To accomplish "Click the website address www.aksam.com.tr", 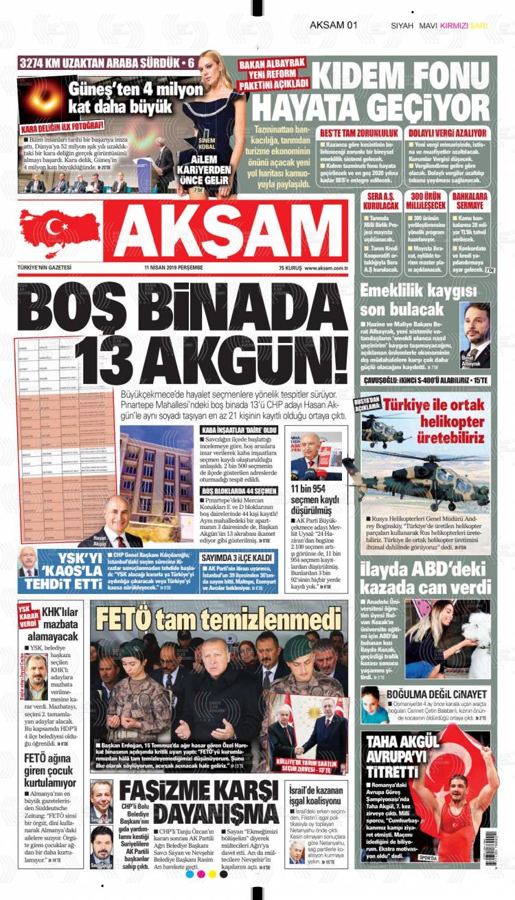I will tap(327, 268).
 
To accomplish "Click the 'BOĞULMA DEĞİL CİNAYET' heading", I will tap(436, 695).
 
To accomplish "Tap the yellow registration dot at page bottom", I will tap(211, 874).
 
